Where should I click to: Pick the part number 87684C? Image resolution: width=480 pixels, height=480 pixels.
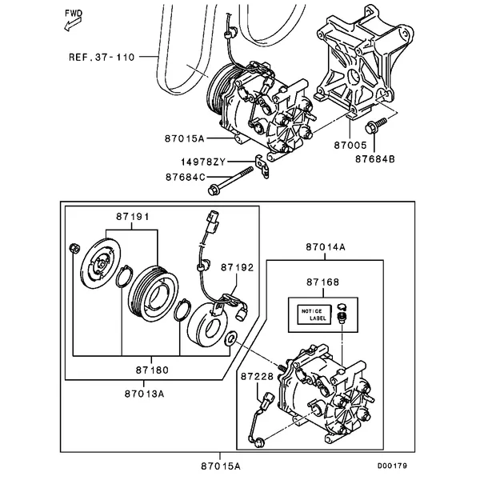tap(185, 176)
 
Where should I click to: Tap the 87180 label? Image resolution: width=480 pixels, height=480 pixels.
tap(151, 370)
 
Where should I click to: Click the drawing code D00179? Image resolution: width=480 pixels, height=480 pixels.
tap(393, 466)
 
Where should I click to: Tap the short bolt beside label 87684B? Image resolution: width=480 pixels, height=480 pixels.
tap(375, 126)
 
